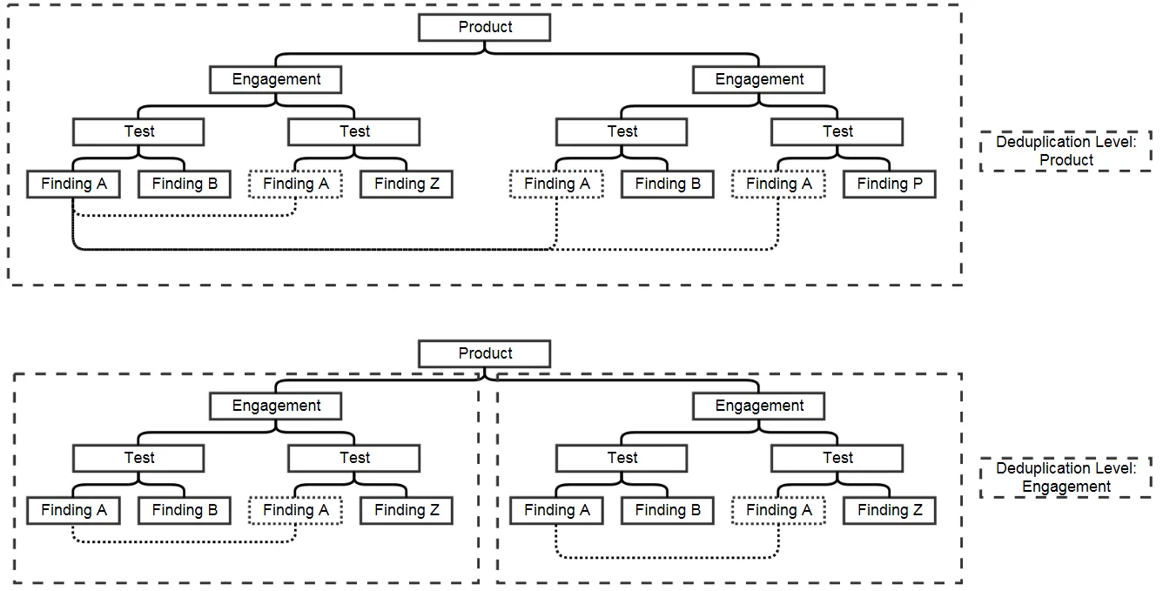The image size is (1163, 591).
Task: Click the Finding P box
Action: tap(889, 185)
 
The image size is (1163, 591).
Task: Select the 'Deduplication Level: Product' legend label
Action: tap(1066, 151)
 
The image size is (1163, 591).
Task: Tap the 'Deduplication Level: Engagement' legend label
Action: tap(1066, 478)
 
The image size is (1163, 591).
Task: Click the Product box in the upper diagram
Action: tap(484, 27)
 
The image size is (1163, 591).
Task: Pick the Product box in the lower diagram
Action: tap(484, 353)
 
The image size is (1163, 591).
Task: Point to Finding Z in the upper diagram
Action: tap(407, 185)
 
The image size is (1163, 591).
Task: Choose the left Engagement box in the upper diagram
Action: tap(276, 79)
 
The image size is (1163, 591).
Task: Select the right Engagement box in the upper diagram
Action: tap(759, 79)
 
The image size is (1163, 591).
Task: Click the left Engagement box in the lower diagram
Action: tap(276, 406)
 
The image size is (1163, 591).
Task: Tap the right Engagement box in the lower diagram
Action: tap(759, 406)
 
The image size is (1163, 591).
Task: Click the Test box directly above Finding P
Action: tap(837, 131)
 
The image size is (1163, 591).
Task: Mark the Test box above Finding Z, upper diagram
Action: tap(354, 131)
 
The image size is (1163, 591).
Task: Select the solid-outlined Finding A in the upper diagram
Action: tap(74, 185)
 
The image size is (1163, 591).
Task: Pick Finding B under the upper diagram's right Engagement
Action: tap(667, 185)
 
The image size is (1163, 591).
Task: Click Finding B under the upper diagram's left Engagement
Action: tap(185, 185)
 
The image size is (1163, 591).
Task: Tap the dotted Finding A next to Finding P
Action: tap(778, 185)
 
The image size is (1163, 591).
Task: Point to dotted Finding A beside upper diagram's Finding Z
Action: tap(295, 185)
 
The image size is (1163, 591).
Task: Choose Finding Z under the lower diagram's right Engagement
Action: tap(889, 511)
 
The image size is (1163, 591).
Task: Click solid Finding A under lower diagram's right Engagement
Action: tap(557, 511)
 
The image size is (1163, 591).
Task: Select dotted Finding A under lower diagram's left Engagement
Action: tap(295, 511)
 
